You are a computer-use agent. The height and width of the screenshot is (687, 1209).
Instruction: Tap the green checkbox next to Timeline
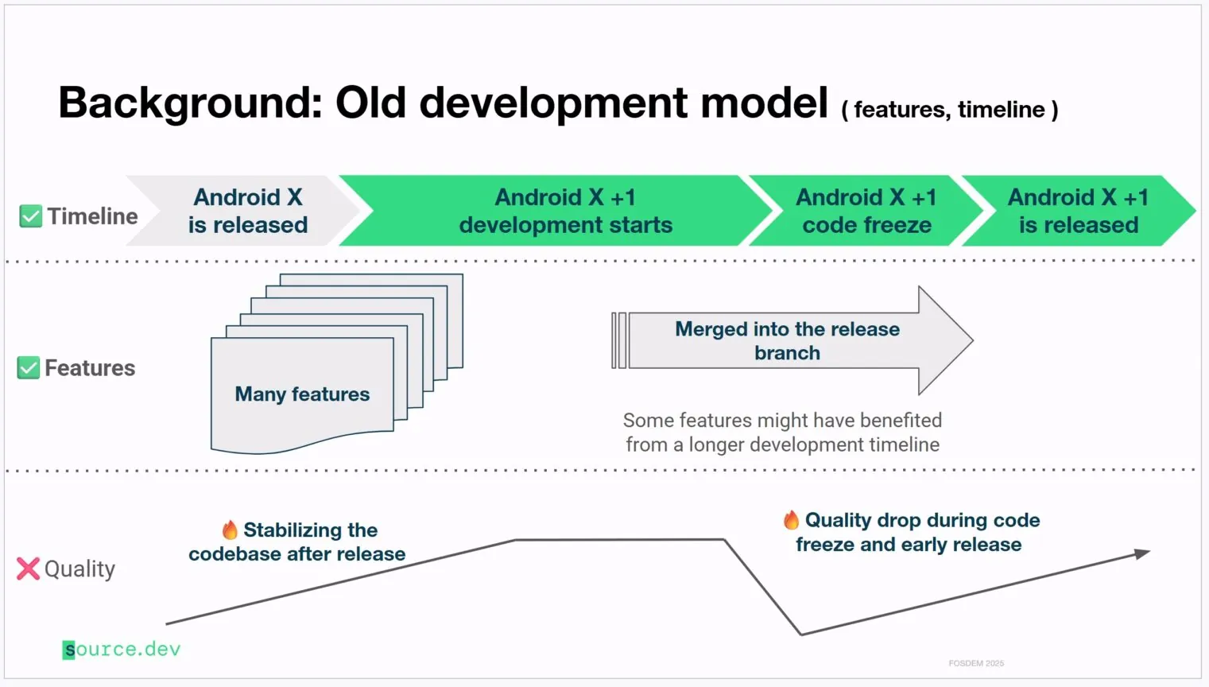30,216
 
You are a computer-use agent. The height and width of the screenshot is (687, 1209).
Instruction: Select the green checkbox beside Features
29,367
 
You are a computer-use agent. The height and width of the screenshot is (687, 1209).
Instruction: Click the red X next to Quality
28,569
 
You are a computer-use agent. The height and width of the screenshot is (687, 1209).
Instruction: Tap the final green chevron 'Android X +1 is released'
1078,211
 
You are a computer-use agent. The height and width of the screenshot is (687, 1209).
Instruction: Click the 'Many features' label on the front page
302,394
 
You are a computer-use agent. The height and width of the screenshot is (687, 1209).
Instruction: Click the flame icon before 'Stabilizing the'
230,530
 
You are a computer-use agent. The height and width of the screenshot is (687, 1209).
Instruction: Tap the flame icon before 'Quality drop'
791,520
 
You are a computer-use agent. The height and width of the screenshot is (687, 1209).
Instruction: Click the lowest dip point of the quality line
800,634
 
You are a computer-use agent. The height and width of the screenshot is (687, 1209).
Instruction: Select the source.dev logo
122,650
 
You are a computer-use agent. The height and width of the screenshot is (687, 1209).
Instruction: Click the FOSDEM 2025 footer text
976,663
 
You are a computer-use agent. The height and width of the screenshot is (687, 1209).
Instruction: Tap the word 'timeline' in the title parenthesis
1001,110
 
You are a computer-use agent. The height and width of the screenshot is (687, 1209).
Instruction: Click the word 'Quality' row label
79,569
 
